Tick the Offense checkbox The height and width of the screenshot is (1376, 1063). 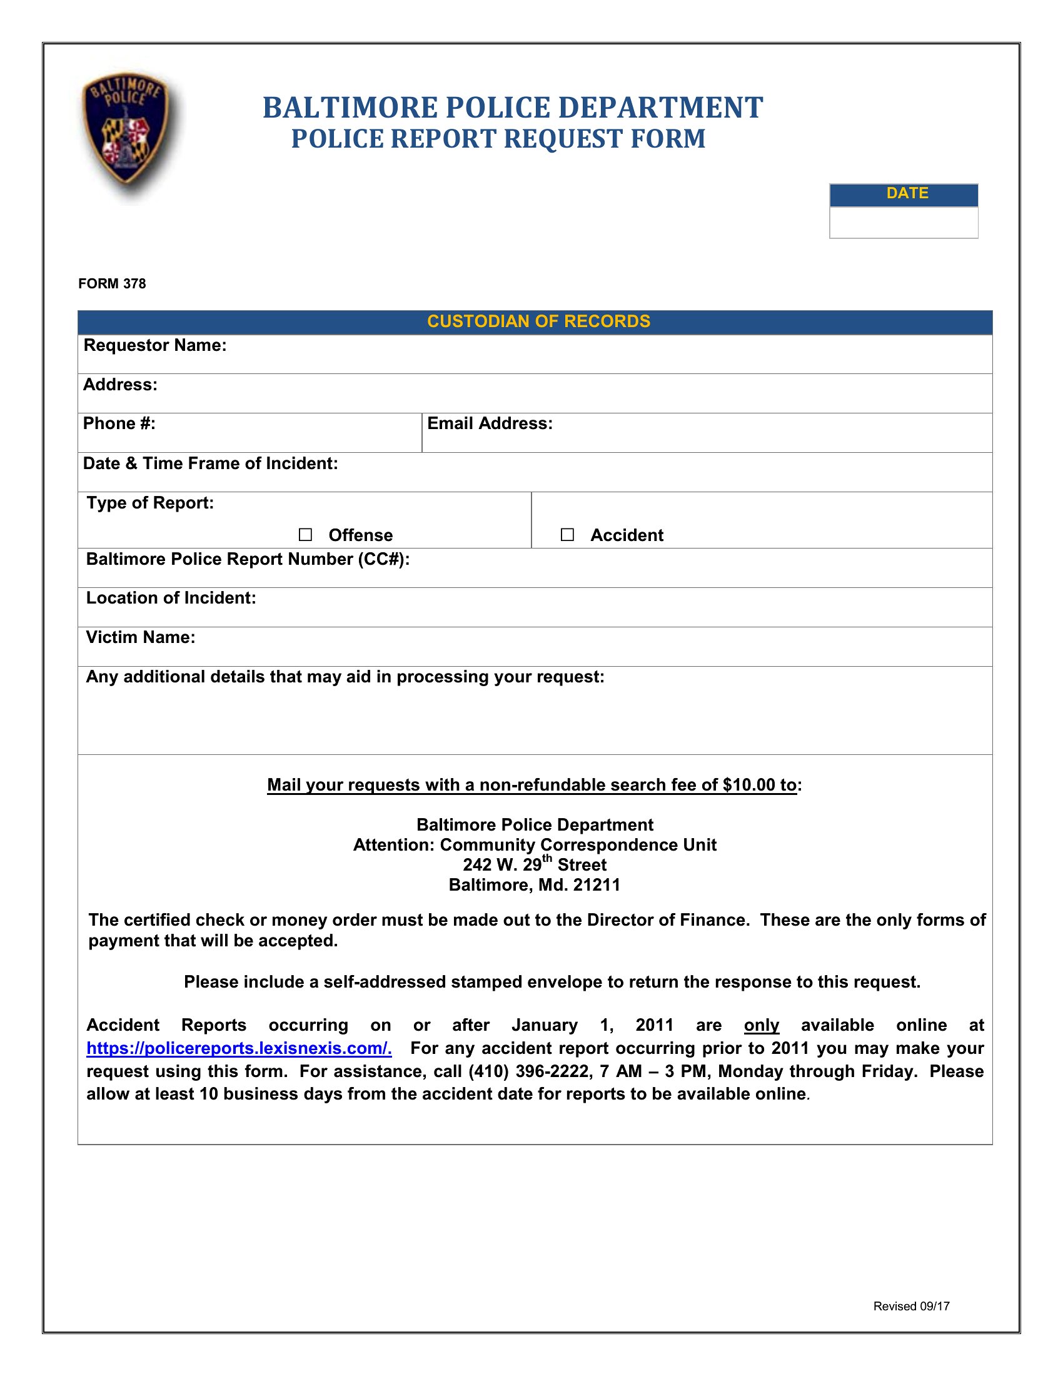(305, 535)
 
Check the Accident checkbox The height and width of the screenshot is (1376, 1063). (567, 535)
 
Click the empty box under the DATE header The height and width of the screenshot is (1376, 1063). (903, 223)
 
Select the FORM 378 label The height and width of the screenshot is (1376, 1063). (112, 284)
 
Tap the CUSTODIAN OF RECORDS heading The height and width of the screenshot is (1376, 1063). (538, 322)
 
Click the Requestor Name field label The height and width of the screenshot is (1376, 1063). (155, 346)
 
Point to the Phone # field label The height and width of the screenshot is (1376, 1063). (119, 424)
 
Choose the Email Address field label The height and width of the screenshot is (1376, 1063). (490, 424)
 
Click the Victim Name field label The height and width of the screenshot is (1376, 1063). (141, 637)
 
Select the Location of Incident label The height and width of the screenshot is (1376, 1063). (171, 598)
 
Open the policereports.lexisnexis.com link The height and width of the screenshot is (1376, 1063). (239, 1048)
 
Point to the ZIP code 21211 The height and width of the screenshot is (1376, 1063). (597, 885)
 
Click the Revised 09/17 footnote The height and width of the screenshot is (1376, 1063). (910, 1307)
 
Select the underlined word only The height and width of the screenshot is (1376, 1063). (762, 1026)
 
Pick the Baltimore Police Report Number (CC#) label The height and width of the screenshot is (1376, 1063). (248, 560)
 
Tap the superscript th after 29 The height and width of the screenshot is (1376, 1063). (547, 859)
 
